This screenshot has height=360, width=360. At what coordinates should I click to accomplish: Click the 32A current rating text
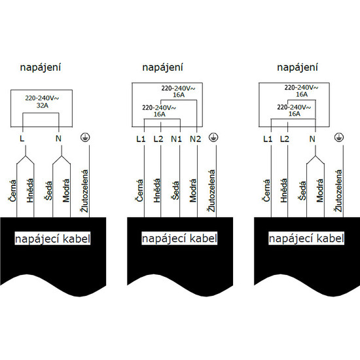click(43, 105)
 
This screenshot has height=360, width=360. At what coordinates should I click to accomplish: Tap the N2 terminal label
click(196, 139)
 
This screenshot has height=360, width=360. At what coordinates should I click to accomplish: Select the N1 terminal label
click(176, 139)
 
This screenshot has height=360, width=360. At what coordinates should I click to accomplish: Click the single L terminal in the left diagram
click(22, 139)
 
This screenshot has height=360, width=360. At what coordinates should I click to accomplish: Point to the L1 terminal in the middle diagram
click(141, 139)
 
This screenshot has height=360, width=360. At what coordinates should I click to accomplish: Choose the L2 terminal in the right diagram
click(285, 139)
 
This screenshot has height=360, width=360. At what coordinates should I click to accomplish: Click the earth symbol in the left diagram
click(85, 137)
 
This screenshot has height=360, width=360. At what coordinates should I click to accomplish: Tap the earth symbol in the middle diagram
click(213, 137)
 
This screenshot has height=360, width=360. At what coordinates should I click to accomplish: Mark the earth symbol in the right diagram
click(339, 137)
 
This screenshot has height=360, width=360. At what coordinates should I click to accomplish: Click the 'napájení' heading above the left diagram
click(41, 67)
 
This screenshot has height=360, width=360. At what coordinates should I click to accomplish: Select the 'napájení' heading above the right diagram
click(297, 67)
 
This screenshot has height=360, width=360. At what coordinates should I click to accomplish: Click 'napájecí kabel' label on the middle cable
click(179, 238)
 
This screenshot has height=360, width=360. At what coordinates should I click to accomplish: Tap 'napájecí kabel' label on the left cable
click(52, 238)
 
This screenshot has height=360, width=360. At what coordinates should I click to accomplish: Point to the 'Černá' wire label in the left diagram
click(12, 190)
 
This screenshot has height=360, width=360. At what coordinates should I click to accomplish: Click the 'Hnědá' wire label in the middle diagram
click(157, 190)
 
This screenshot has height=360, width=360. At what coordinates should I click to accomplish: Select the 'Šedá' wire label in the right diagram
click(303, 190)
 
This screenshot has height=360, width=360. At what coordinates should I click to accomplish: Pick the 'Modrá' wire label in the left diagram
click(66, 190)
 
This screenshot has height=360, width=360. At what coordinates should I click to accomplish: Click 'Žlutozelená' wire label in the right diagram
click(339, 190)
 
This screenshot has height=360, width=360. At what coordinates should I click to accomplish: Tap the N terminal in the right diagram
click(312, 139)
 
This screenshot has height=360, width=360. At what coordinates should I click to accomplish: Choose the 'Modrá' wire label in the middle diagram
click(193, 190)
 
